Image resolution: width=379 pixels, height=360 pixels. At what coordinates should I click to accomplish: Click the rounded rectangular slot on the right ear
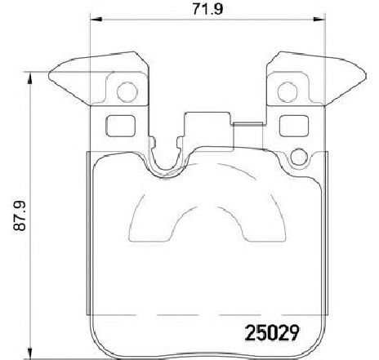coord(290,126)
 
